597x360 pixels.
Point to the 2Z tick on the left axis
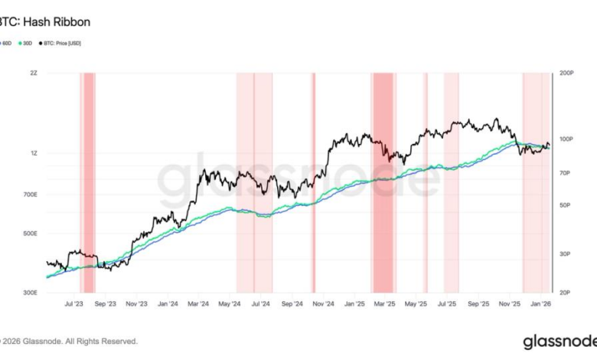tap(34, 74)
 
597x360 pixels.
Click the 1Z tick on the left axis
tap(34, 153)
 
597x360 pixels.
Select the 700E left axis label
tap(31, 195)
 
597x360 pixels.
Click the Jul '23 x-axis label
tap(74, 304)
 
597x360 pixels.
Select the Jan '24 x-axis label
tap(168, 304)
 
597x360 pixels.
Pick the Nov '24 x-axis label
tap(324, 304)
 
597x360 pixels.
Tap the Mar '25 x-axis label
tap(384, 304)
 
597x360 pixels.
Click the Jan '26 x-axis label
tap(540, 304)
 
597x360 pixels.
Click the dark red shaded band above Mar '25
tap(383, 184)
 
